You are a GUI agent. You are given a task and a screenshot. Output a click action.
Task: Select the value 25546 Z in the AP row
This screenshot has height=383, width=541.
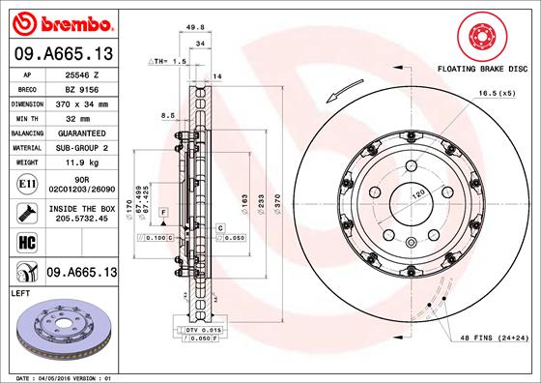coord(80,74)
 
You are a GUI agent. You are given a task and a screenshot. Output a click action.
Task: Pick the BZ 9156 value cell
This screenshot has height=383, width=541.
coord(80,88)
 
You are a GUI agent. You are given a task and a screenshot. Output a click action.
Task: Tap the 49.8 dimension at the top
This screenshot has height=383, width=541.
coord(194,28)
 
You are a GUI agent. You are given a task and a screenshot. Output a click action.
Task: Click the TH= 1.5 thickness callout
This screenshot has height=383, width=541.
coord(166,60)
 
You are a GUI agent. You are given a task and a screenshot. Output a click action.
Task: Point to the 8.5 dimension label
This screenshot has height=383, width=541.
coord(169,114)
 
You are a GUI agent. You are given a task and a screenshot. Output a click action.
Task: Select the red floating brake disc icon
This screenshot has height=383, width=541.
coord(479,38)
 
